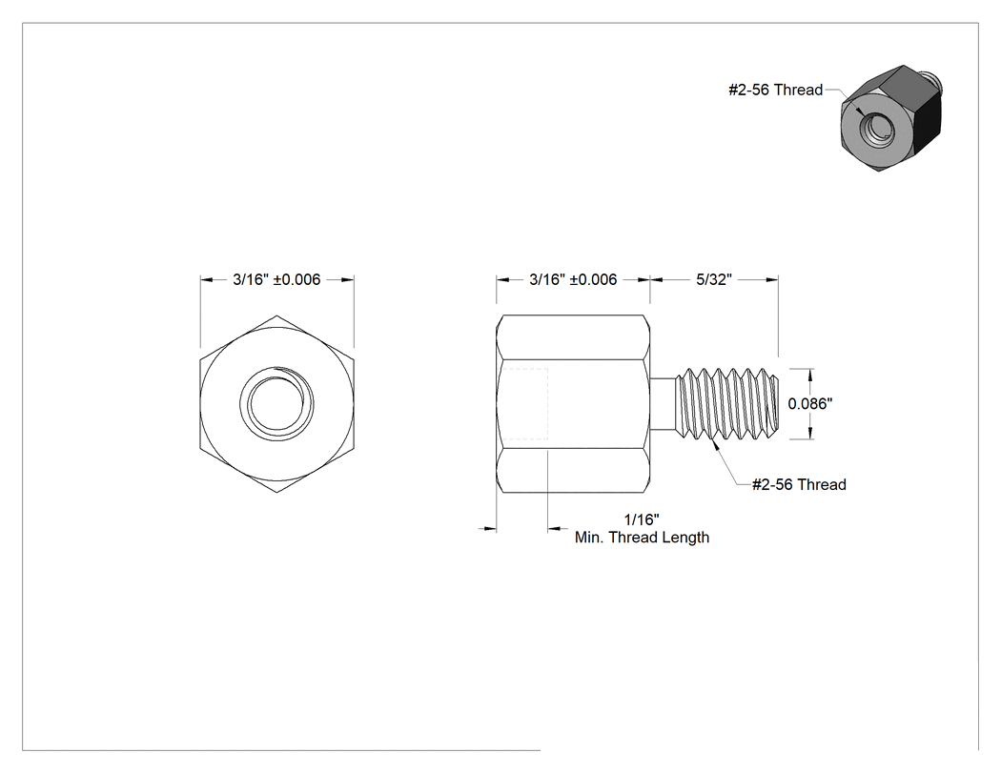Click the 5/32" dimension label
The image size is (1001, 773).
pyautogui.click(x=714, y=279)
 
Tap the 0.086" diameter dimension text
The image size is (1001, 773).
pyautogui.click(x=810, y=403)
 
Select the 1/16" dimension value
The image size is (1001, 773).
pyautogui.click(x=642, y=519)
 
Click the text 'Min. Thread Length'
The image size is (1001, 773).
pyautogui.click(x=642, y=538)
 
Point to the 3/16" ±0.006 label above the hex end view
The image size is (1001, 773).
pyautogui.click(x=276, y=279)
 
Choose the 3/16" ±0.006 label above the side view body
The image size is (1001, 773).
pyautogui.click(x=573, y=279)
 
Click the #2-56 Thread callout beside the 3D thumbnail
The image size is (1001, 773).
pyautogui.click(x=776, y=90)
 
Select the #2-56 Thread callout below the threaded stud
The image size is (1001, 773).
pyautogui.click(x=799, y=484)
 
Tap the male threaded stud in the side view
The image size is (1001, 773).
pyautogui.click(x=727, y=403)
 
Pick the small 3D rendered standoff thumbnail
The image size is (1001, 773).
pyautogui.click(x=891, y=118)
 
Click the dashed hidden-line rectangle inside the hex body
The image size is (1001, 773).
pyautogui.click(x=524, y=403)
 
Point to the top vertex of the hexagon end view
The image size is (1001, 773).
pyautogui.click(x=276, y=315)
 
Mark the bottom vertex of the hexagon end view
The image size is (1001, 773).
pyautogui.click(x=276, y=492)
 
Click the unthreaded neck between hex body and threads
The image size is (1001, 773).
pyautogui.click(x=663, y=403)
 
